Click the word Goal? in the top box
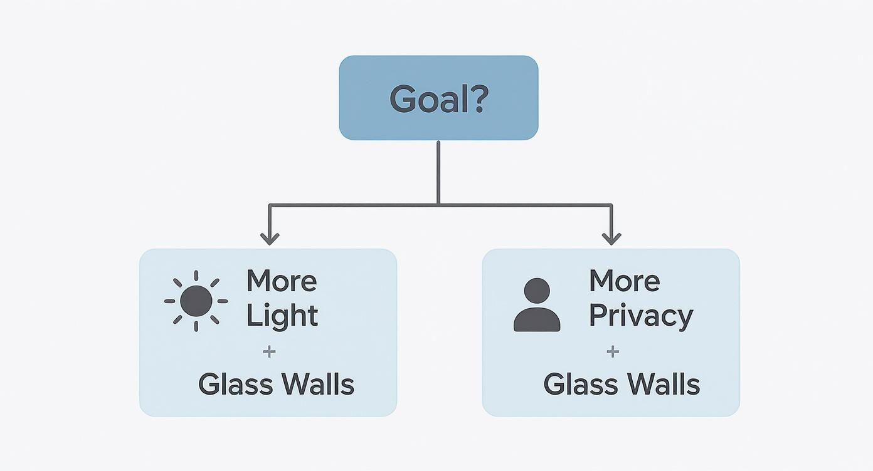point(438,98)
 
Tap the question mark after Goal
point(476,98)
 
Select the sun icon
point(196,301)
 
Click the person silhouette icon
point(536,305)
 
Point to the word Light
point(282,315)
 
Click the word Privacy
point(640,316)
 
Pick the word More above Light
point(282,281)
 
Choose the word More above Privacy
point(624,281)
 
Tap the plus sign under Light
point(269,351)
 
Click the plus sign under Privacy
point(613,351)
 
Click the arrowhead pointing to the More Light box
point(270,239)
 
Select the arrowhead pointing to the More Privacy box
point(611,239)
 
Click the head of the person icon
point(536,291)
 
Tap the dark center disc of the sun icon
point(196,301)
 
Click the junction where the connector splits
point(438,204)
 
